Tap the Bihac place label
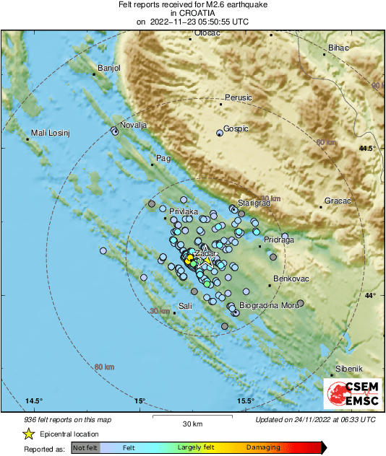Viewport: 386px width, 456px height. [338, 48]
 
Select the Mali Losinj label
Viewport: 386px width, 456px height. [48, 134]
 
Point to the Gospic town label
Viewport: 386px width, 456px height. [236, 128]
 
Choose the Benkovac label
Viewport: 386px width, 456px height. [291, 279]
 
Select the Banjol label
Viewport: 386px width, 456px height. [108, 68]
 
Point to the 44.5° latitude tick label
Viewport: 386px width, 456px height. [367, 148]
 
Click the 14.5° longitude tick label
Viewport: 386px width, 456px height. [34, 400]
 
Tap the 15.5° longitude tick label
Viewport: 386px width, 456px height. [246, 400]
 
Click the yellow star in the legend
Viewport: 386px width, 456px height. [28, 434]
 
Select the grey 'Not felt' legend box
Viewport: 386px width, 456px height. [87, 449]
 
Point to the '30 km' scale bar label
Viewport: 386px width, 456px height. [192, 423]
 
